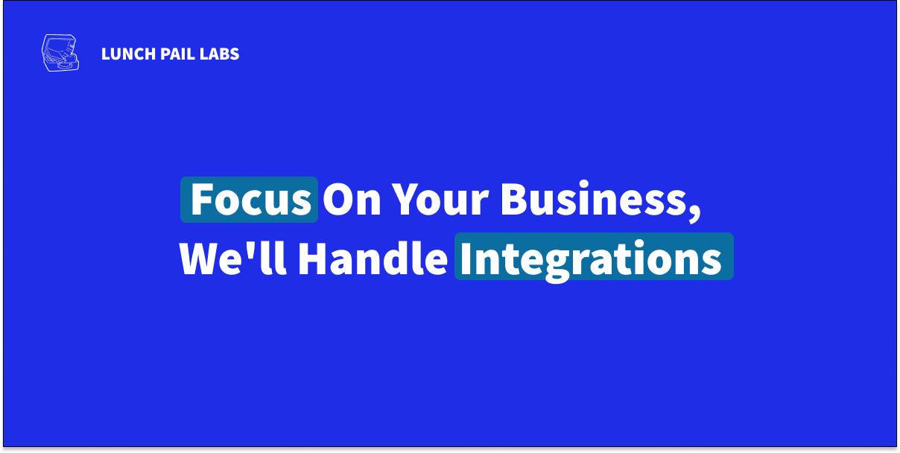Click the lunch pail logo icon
pos(60,53)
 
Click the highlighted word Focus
pos(251,200)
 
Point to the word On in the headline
pos(352,200)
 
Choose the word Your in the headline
pos(440,200)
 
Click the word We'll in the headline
pos(233,259)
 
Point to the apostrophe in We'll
pos(252,248)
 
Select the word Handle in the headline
pos(373,259)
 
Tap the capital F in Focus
pos(201,200)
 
